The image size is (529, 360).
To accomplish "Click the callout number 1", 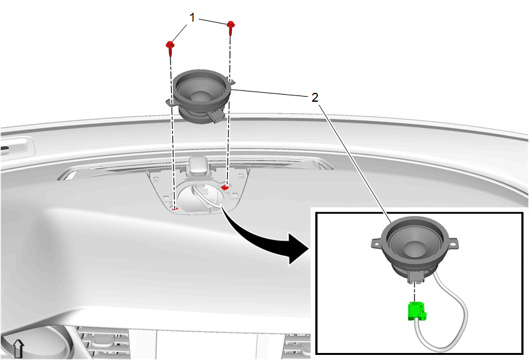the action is click(192, 17).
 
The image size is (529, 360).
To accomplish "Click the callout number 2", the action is click(315, 97).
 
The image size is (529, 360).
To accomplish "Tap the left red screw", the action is click(170, 48).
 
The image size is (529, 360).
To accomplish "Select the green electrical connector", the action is click(416, 311).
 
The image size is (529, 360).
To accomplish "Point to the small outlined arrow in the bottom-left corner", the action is click(18, 349).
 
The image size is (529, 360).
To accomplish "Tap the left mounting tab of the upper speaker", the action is click(170, 102).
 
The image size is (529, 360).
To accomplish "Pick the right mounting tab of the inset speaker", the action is click(453, 243).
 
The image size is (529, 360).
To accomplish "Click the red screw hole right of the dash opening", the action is click(225, 186).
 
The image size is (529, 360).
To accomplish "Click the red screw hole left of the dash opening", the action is click(175, 209).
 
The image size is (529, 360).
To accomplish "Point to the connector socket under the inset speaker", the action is click(416, 277).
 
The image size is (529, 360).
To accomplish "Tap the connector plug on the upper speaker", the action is click(216, 116).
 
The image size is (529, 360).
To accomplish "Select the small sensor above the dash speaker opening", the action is click(199, 165).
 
